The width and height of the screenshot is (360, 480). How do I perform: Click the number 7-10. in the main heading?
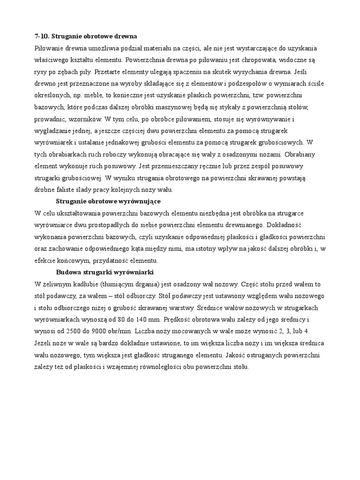(x=41, y=36)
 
